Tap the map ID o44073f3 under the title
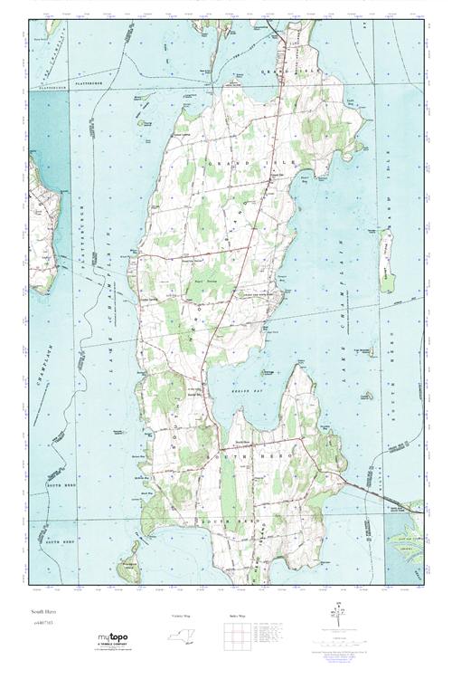(42, 623)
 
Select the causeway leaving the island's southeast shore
(384, 493)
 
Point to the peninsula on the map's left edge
(43, 217)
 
